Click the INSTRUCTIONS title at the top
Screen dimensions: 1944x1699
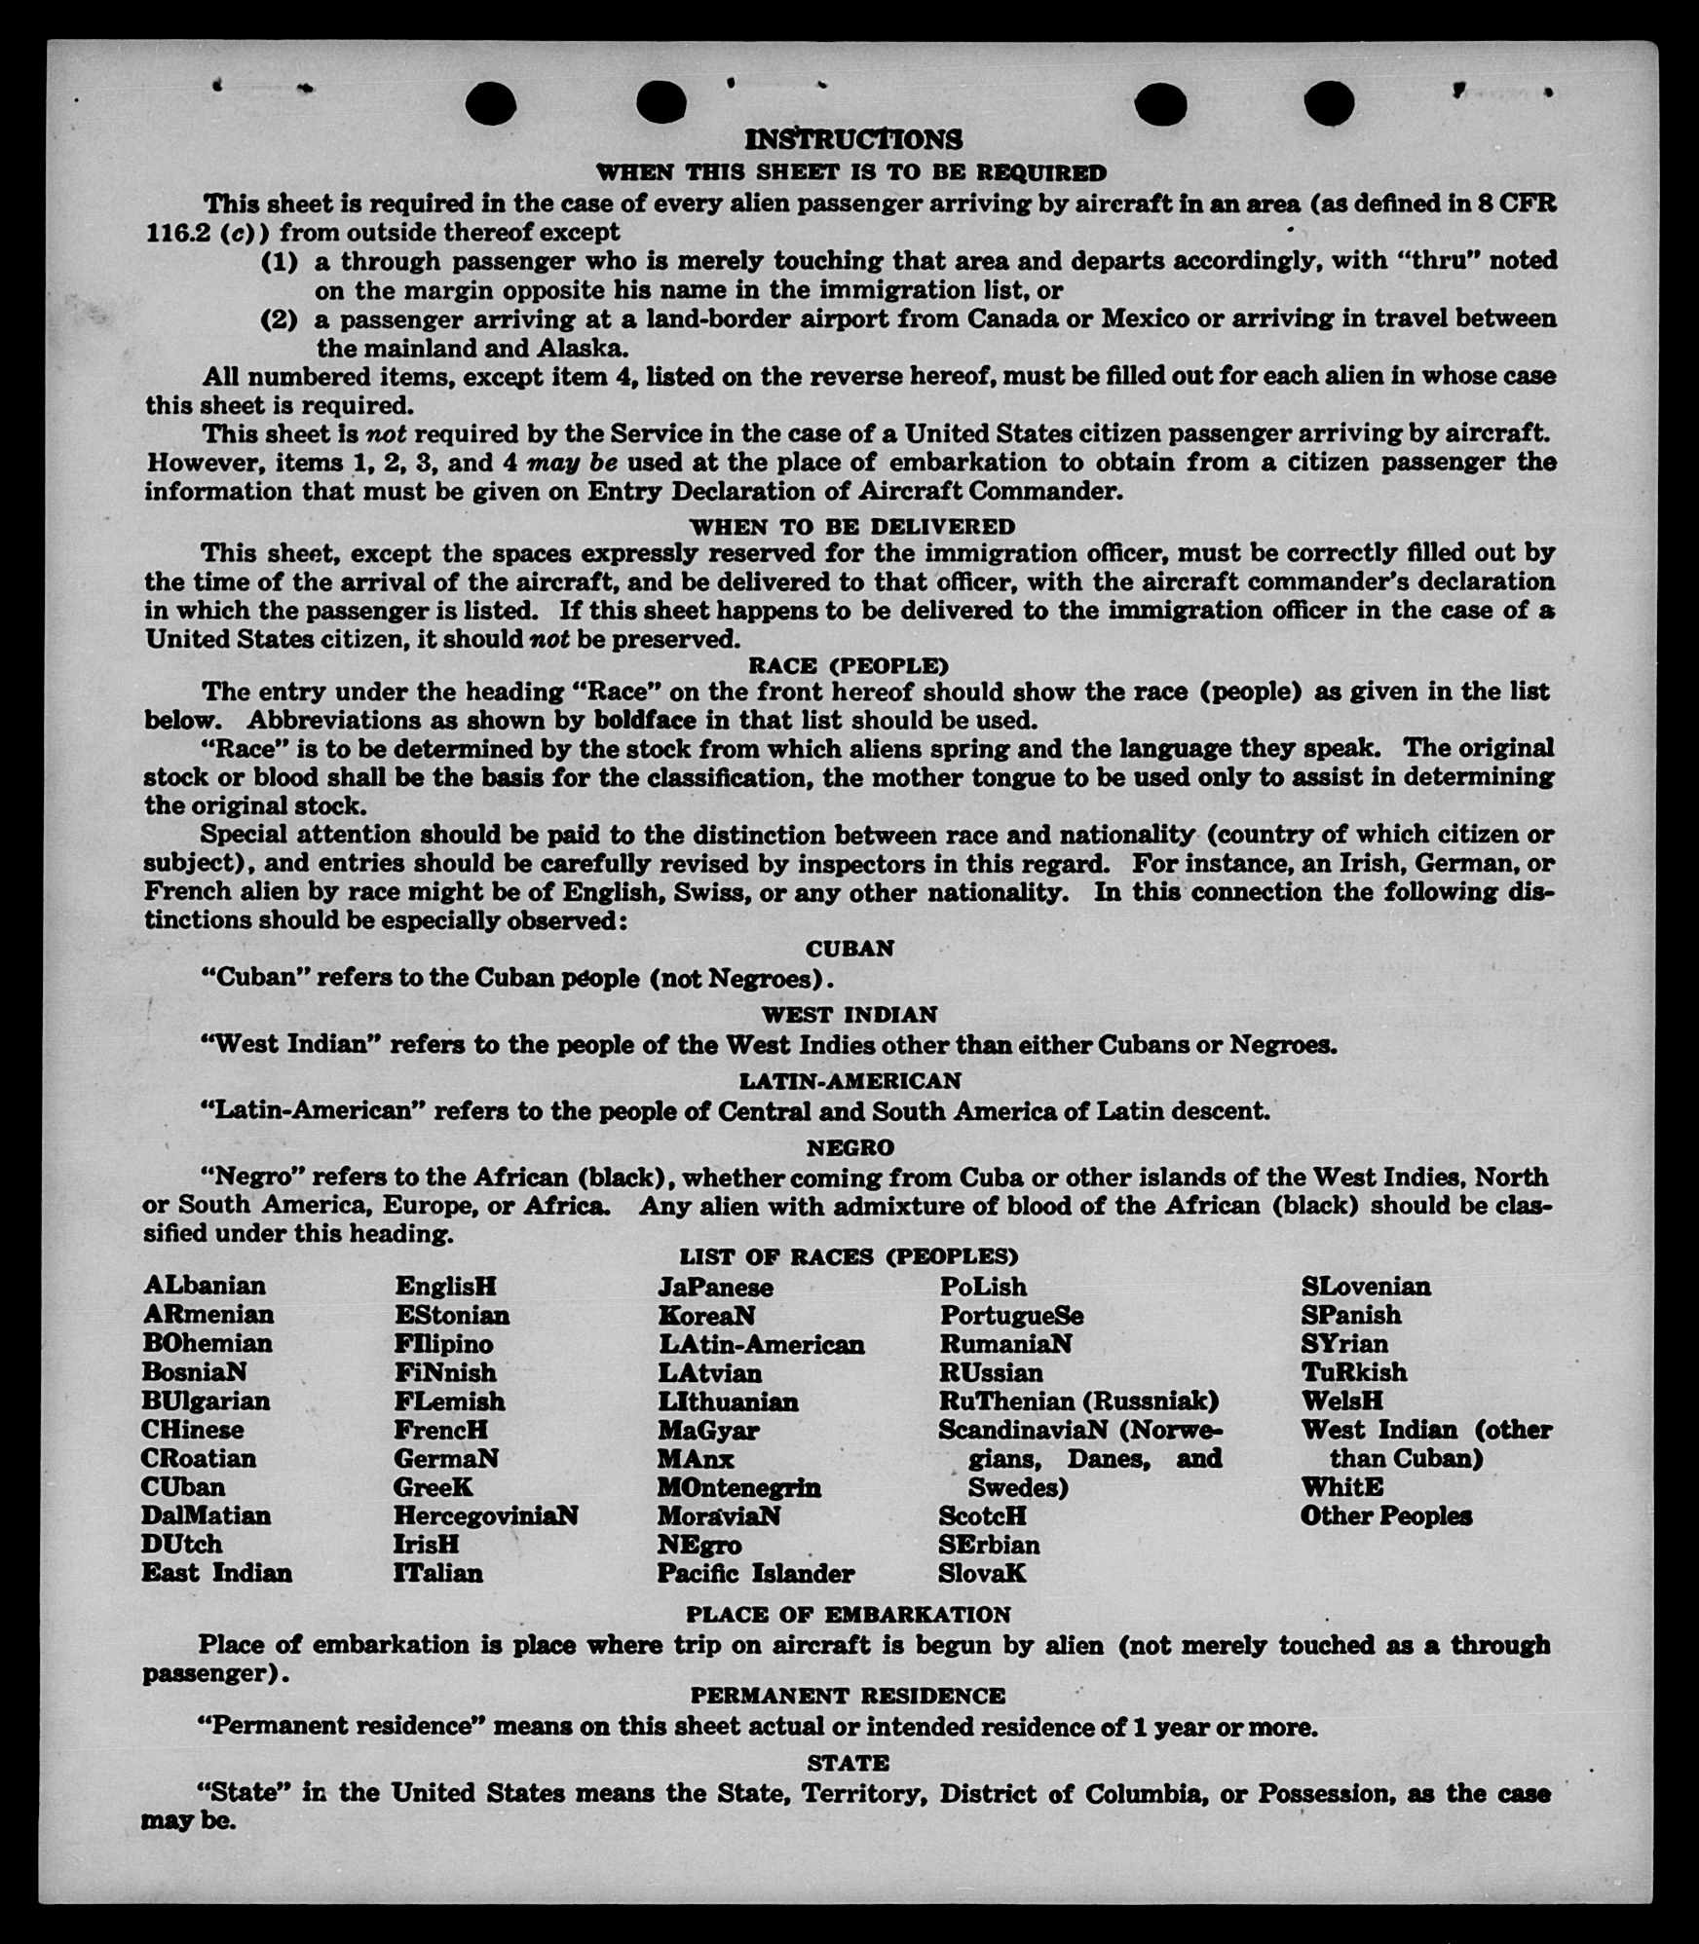pyautogui.click(x=852, y=139)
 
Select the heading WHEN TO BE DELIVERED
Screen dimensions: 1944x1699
pyautogui.click(x=852, y=527)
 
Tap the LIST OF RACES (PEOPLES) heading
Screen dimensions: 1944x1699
pyautogui.click(x=849, y=1256)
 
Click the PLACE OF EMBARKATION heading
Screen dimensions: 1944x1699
pyautogui.click(x=848, y=1615)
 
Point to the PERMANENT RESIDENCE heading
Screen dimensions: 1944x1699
pyautogui.click(x=848, y=1696)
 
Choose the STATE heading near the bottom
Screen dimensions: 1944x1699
pyautogui.click(x=848, y=1763)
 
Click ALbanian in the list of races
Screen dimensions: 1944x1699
pyautogui.click(x=204, y=1286)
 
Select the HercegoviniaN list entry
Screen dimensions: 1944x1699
pyautogui.click(x=485, y=1515)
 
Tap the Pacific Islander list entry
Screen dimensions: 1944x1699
pyautogui.click(x=755, y=1573)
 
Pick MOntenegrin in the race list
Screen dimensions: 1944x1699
pyautogui.click(x=738, y=1487)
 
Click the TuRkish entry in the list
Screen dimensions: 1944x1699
pyautogui.click(x=1353, y=1372)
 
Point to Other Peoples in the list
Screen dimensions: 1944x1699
pyautogui.click(x=1385, y=1515)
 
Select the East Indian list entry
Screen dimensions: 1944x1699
pyautogui.click(x=216, y=1573)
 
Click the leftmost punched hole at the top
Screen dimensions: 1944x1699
pyautogui.click(x=490, y=103)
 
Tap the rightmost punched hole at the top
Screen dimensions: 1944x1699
pyautogui.click(x=1329, y=103)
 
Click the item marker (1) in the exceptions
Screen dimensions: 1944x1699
pyautogui.click(x=279, y=262)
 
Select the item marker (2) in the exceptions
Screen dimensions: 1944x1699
pyautogui.click(x=279, y=319)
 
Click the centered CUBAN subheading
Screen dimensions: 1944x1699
pyautogui.click(x=849, y=949)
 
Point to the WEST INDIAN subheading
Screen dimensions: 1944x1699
pyautogui.click(x=849, y=1015)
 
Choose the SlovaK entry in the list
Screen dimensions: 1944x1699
pyautogui.click(x=982, y=1573)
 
